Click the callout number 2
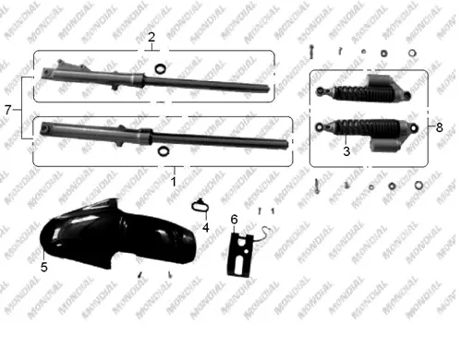pyautogui.click(x=152, y=38)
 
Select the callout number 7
pyautogui.click(x=8, y=110)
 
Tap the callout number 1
pyautogui.click(x=174, y=182)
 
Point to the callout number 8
pyautogui.click(x=440, y=126)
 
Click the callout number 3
pyautogui.click(x=346, y=151)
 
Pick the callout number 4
pyautogui.click(x=206, y=228)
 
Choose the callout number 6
pyautogui.click(x=235, y=220)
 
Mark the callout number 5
pyautogui.click(x=44, y=267)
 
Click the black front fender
pyautogui.click(x=117, y=235)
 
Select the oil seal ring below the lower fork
pyautogui.click(x=164, y=151)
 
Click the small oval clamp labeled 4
pyautogui.click(x=200, y=206)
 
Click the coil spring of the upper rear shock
pyautogui.click(x=364, y=92)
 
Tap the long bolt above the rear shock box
pyautogui.click(x=311, y=52)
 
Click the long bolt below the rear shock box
pyautogui.click(x=317, y=186)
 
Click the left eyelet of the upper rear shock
pyautogui.click(x=321, y=91)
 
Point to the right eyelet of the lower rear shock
pyautogui.click(x=414, y=127)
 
